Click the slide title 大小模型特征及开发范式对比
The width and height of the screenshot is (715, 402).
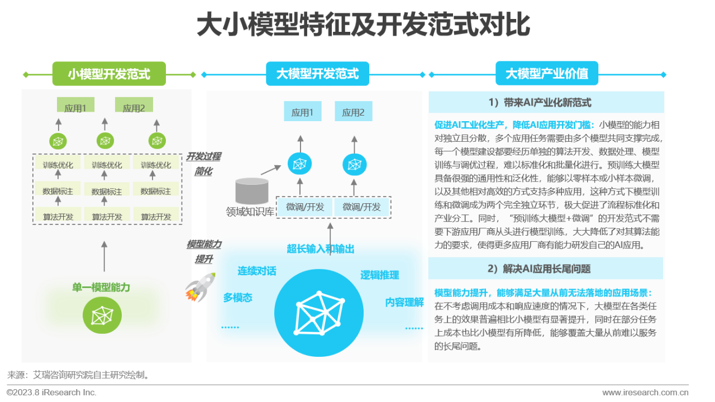(x=363, y=26)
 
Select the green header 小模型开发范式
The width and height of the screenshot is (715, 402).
(x=109, y=74)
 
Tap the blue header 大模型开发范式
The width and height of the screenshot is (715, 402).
(x=317, y=74)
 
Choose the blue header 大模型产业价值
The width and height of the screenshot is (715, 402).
(x=547, y=74)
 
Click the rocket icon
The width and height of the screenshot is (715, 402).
(x=200, y=287)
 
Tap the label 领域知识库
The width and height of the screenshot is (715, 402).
(x=250, y=212)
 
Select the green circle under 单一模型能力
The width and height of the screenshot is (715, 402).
(x=102, y=315)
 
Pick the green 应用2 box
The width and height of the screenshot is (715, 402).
(x=134, y=108)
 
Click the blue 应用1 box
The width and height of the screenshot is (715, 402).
(x=302, y=112)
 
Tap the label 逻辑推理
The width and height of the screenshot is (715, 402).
(x=380, y=275)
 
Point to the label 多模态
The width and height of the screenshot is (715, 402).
(x=237, y=298)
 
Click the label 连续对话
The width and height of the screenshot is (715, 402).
(x=256, y=271)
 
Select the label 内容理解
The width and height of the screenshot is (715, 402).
(x=404, y=302)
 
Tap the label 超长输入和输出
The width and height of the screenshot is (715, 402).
(x=321, y=249)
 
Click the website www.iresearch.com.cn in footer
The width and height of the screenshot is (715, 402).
(x=645, y=393)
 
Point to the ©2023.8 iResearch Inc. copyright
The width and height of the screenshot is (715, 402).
(x=52, y=393)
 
